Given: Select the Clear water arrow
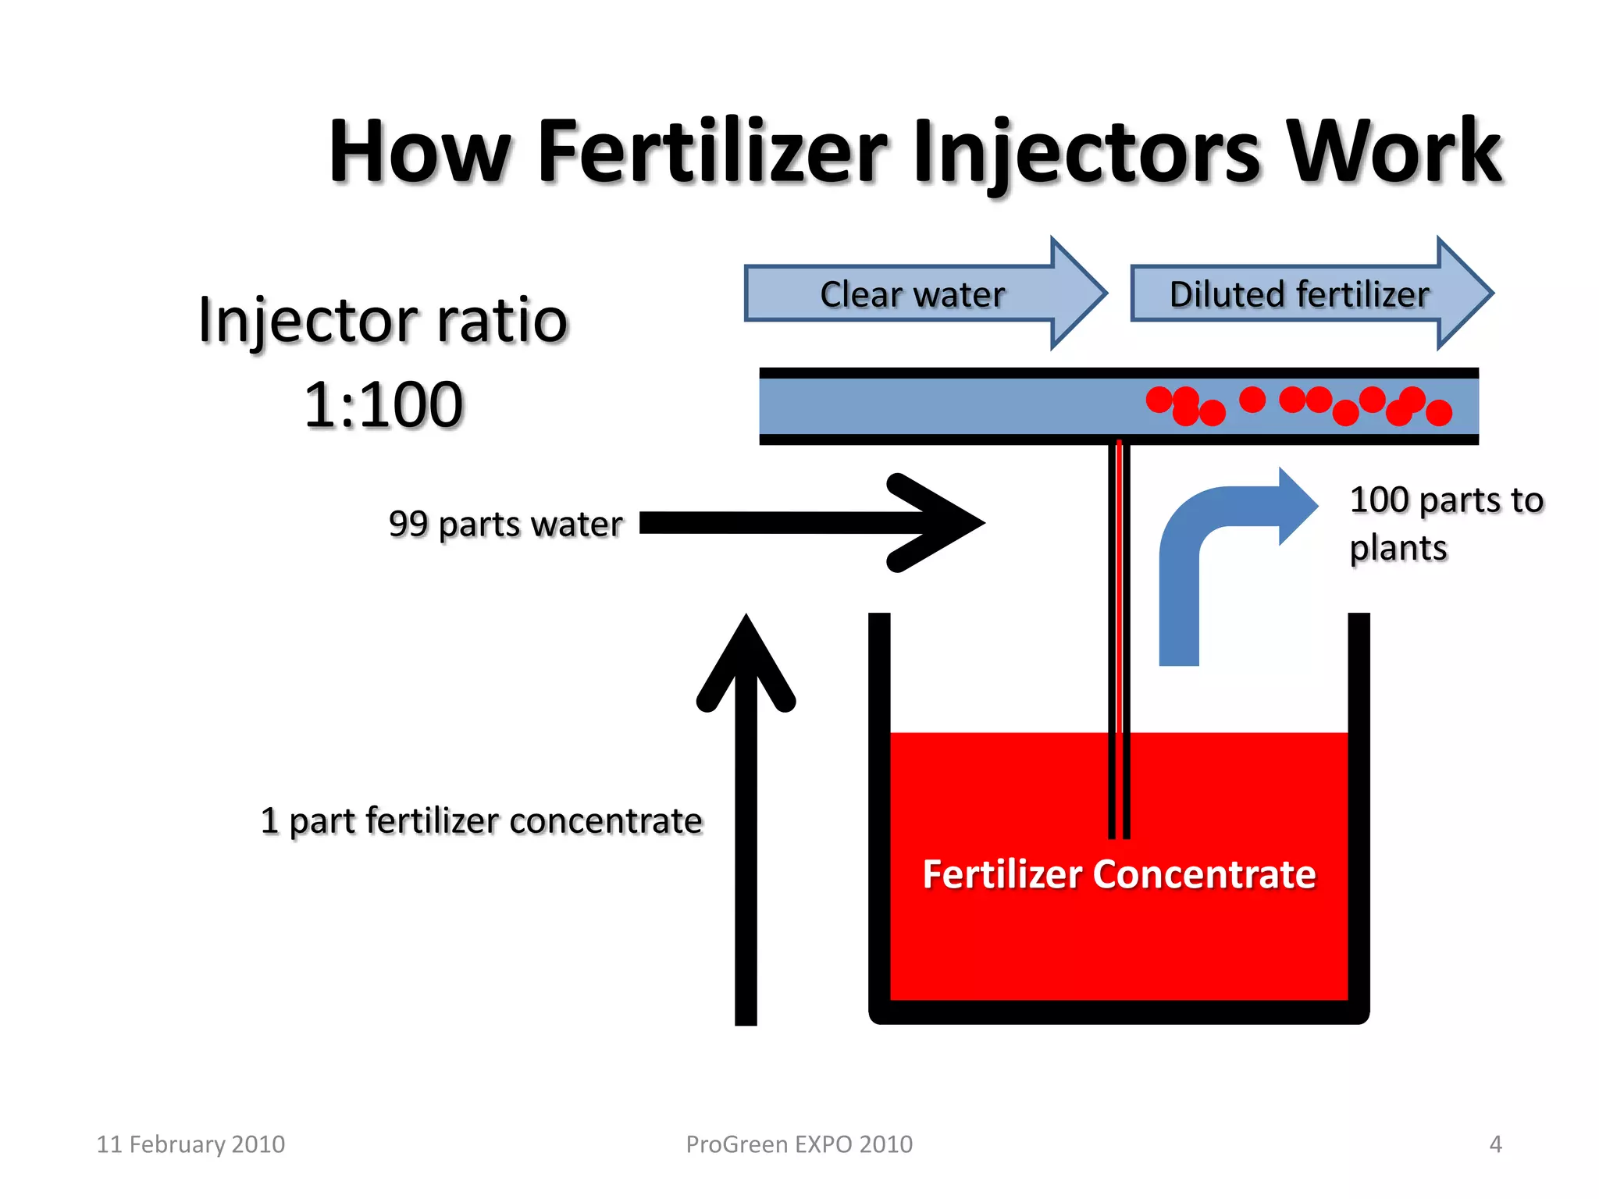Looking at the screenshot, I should pos(913,294).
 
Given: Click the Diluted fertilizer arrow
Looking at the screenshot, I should pos(1300,294).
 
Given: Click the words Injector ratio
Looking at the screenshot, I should pos(383,320).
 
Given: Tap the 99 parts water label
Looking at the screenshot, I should pos(505,524).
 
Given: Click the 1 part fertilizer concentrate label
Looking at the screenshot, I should pos(481,821).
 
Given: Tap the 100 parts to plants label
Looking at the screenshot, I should pos(1444,523).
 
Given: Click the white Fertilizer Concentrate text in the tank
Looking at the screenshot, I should pos(1119,874).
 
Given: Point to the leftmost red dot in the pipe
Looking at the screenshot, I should pos(1159,400).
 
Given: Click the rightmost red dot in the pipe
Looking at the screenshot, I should pos(1439,412).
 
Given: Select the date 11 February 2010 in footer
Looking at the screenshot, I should pos(191,1144).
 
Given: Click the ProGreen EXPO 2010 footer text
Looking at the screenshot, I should pos(799,1144).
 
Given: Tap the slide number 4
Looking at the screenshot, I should pos(1495,1144).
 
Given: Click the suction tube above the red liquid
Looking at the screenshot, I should pos(1119,585).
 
